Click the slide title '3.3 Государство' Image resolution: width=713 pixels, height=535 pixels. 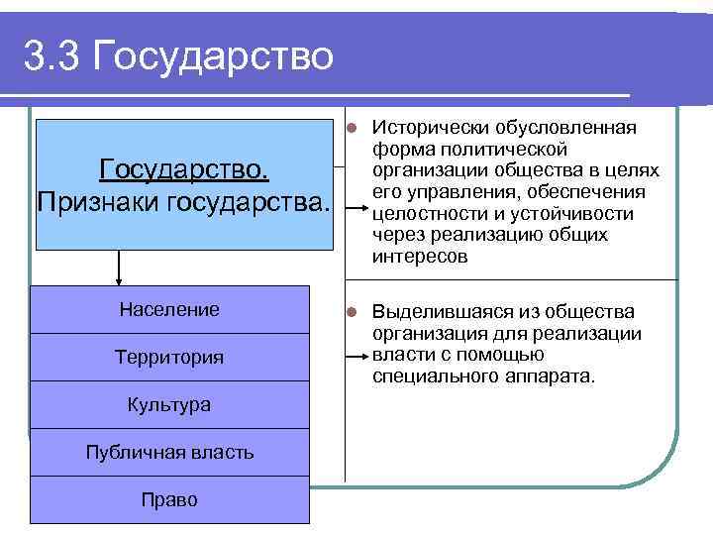[179, 55]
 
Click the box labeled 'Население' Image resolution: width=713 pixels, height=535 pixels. [169, 310]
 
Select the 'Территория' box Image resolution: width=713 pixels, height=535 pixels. [169, 358]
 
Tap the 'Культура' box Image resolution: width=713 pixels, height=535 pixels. [169, 405]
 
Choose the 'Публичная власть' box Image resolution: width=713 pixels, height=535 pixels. [169, 453]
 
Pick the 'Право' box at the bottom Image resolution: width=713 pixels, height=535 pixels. [169, 500]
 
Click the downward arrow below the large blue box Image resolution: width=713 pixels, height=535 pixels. [120, 267]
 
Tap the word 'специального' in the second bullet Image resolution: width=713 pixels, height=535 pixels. [433, 377]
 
